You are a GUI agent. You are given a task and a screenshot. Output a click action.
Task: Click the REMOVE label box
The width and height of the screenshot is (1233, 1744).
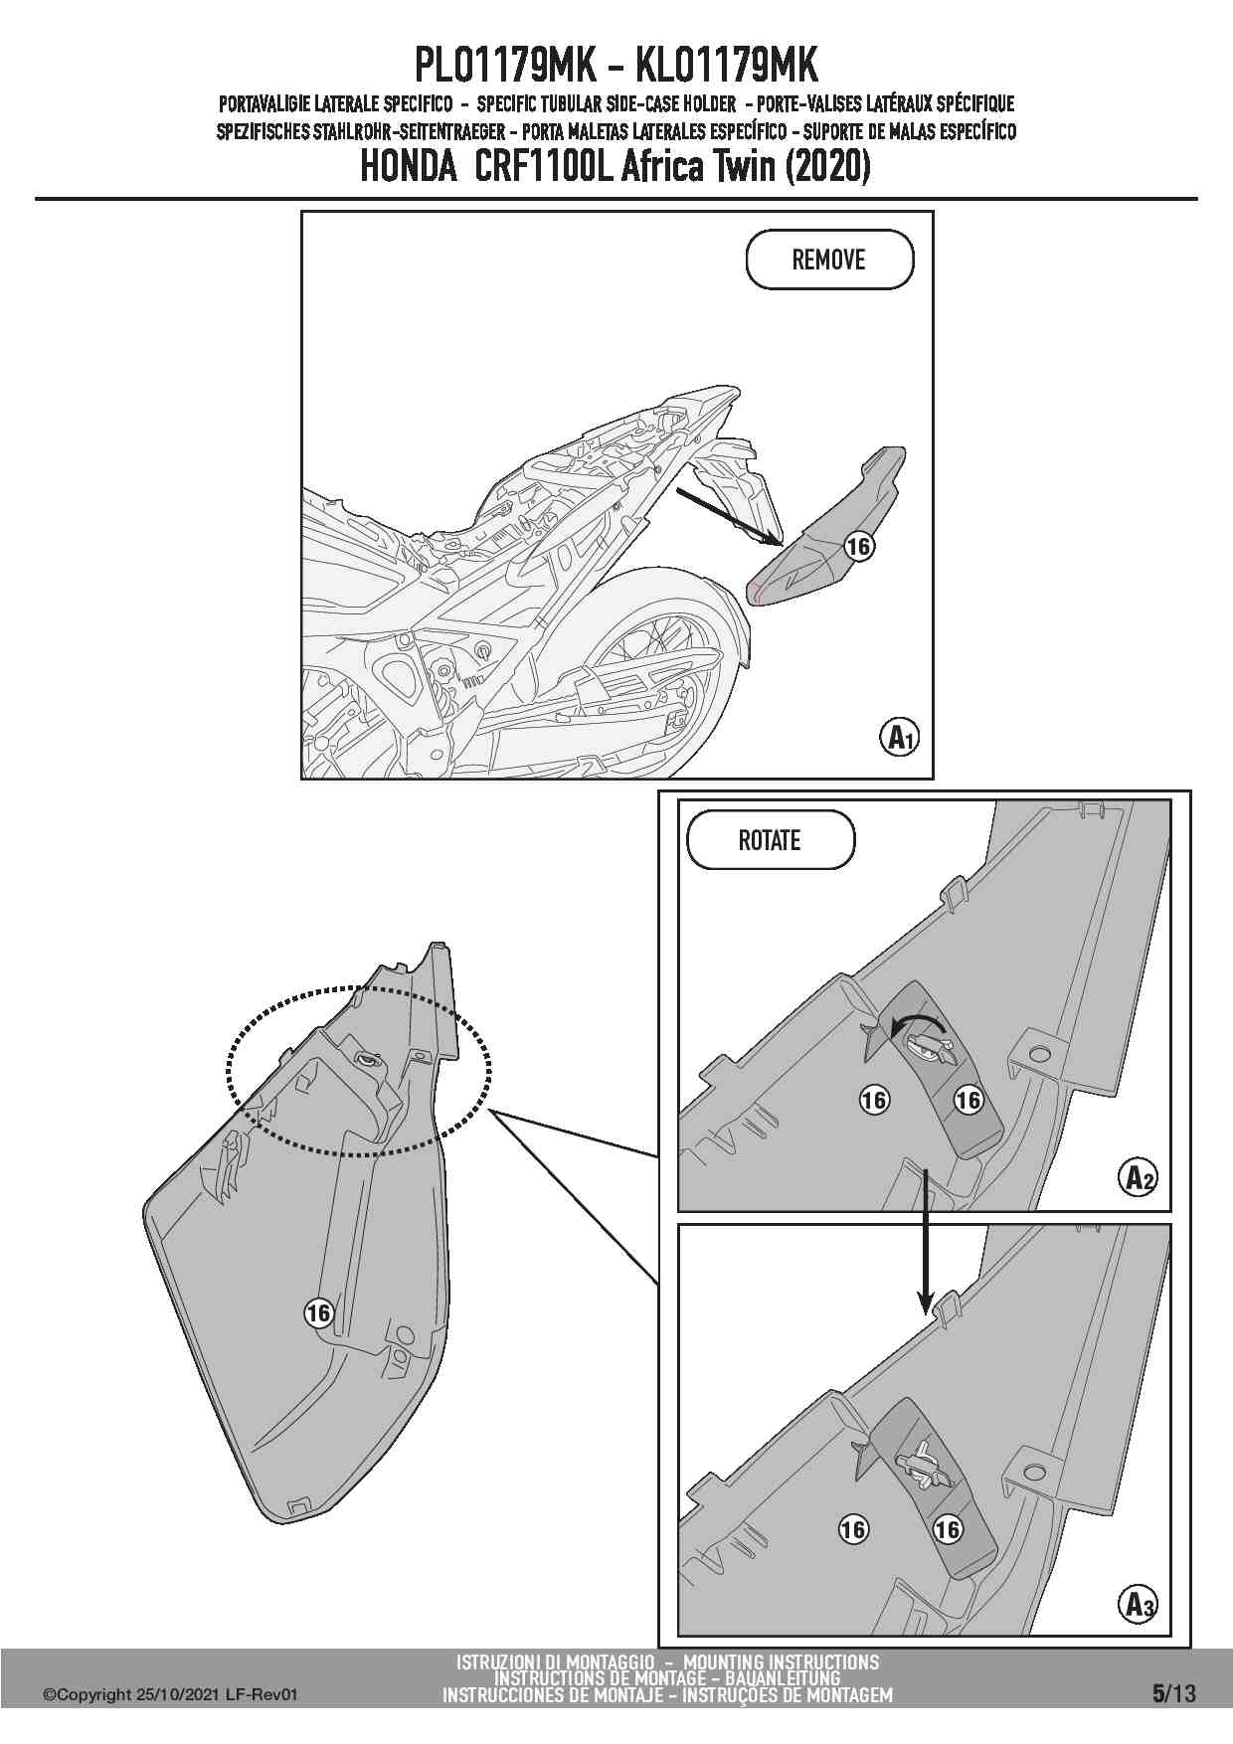(828, 260)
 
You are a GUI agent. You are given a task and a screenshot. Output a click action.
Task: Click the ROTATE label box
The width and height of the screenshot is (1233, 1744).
(770, 840)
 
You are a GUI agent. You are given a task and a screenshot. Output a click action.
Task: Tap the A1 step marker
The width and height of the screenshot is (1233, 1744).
(899, 738)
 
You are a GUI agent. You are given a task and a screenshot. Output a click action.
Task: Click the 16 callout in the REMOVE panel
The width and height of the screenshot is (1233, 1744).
(858, 546)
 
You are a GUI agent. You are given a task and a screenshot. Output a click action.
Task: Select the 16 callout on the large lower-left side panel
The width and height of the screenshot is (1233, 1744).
(318, 1313)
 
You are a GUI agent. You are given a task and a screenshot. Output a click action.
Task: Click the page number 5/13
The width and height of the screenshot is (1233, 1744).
(1173, 1693)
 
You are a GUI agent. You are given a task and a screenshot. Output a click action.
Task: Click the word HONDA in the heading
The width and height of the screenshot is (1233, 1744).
(407, 167)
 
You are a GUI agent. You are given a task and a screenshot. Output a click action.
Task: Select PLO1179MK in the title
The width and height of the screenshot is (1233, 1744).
(504, 67)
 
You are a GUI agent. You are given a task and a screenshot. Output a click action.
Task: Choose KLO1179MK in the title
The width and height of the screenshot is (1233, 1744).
(726, 67)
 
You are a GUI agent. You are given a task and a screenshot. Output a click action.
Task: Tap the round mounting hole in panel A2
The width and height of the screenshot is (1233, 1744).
(1039, 1053)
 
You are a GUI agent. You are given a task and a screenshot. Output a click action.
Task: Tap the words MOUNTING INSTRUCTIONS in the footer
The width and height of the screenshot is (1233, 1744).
(781, 1661)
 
